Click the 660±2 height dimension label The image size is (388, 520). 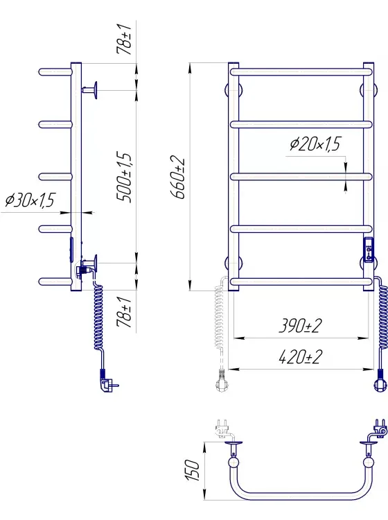[179, 177]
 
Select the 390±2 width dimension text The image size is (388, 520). [300, 326]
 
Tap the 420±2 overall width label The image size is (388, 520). [300, 357]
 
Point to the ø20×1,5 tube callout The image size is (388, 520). [315, 144]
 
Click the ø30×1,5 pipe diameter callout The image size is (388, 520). [30, 200]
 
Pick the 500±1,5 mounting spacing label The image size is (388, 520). [125, 177]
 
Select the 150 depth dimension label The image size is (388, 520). [193, 470]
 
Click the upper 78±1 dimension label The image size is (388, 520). [124, 39]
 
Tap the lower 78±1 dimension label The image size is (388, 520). [124, 312]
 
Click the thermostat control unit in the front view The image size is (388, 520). [369, 250]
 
